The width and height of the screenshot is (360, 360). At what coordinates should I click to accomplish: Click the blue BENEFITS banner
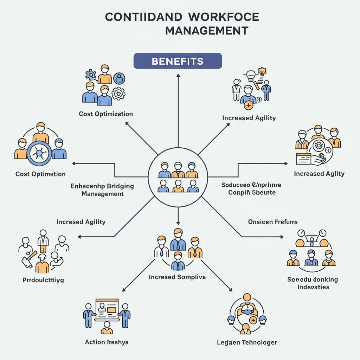tap(178, 61)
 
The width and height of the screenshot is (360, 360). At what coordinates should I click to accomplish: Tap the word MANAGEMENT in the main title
tap(207, 31)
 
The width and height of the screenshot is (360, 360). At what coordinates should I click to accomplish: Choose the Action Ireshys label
tap(107, 342)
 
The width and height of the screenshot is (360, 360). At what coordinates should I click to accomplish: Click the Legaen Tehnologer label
tap(247, 342)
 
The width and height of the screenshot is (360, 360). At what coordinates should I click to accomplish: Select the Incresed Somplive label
tap(177, 277)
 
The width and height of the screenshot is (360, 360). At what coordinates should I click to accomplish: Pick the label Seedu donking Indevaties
tap(313, 283)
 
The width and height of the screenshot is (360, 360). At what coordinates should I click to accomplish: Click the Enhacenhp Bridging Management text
tap(102, 189)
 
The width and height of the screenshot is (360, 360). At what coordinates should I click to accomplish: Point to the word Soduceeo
tap(235, 185)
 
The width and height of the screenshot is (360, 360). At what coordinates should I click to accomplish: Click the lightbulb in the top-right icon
tap(250, 75)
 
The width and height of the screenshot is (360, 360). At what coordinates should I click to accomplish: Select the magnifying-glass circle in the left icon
tap(39, 154)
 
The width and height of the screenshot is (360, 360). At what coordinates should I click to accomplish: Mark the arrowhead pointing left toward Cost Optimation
tap(74, 163)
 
